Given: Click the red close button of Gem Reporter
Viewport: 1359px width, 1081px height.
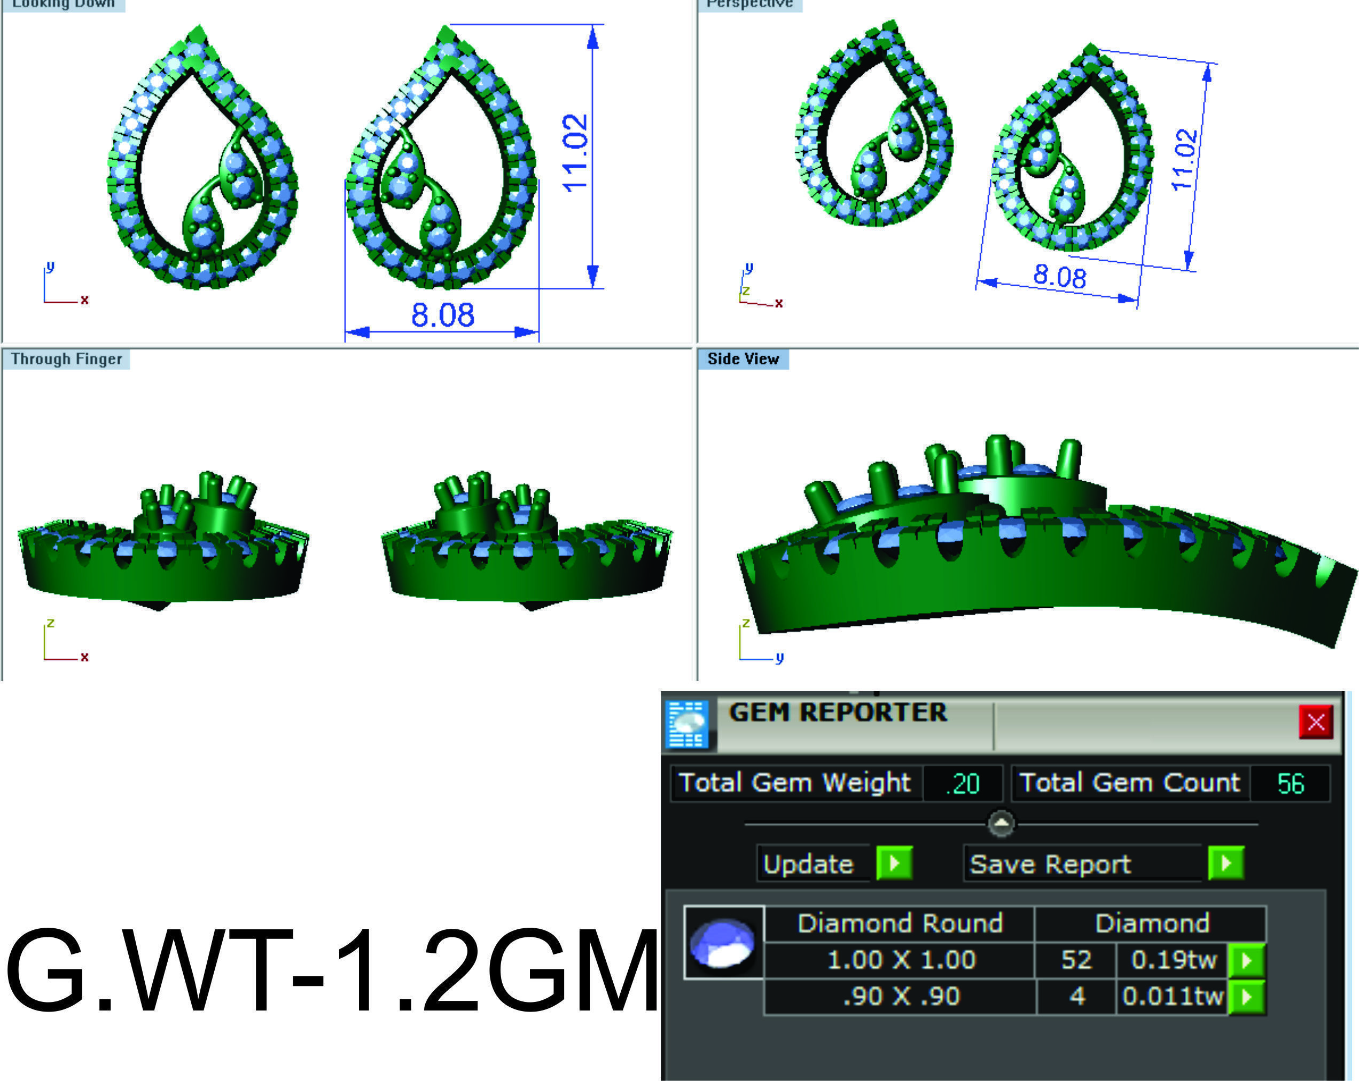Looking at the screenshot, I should (1316, 722).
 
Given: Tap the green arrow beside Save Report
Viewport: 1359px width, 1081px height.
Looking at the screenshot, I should (1226, 863).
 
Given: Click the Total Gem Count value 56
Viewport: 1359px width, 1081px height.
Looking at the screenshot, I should (1290, 784).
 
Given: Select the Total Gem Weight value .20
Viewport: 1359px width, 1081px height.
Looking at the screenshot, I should (962, 784).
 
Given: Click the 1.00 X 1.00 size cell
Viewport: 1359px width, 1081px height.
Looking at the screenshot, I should (901, 960).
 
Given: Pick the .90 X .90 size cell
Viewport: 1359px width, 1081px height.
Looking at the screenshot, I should (901, 997).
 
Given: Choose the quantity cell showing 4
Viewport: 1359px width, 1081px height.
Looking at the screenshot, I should (1076, 997).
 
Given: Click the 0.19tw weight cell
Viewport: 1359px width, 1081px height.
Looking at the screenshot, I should (1173, 960).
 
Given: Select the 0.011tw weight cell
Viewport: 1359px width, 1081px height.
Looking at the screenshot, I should (1173, 997).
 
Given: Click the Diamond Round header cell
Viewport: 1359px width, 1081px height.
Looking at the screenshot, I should (900, 923).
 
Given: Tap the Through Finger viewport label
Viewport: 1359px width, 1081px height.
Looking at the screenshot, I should (66, 359).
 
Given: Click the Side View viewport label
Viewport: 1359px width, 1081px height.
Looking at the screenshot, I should (743, 359).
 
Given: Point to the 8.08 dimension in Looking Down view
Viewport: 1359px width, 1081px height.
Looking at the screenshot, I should (442, 315).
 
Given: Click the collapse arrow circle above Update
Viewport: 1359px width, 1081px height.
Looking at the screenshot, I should (1001, 824).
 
